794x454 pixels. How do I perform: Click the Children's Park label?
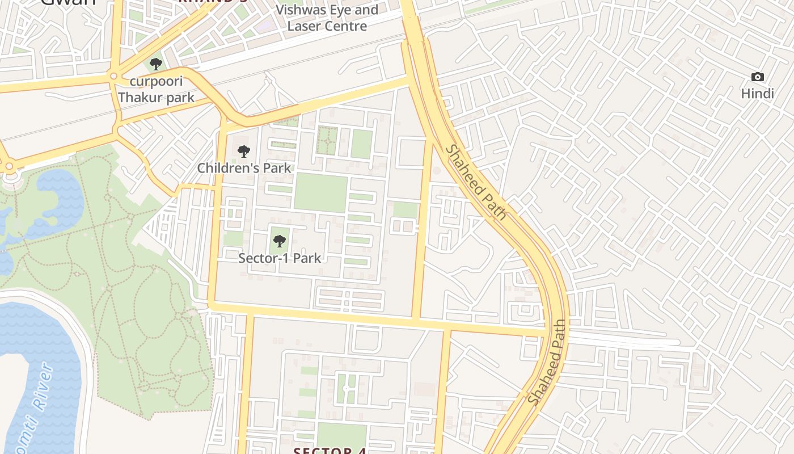click(x=244, y=168)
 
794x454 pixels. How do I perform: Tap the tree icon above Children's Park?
click(x=244, y=152)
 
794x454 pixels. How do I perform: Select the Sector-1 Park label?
click(x=280, y=258)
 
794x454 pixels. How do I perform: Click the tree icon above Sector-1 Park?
click(x=279, y=241)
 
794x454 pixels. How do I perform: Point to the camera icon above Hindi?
click(x=757, y=77)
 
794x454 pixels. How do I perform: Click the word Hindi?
click(x=757, y=94)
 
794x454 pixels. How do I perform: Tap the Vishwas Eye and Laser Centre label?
click(x=327, y=18)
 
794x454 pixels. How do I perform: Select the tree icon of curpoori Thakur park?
click(x=156, y=64)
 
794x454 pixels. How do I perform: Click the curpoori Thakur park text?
click(x=156, y=90)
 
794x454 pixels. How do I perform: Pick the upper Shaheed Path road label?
click(x=475, y=182)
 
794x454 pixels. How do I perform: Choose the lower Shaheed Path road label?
click(x=548, y=362)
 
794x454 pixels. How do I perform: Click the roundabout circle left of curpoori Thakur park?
click(x=113, y=75)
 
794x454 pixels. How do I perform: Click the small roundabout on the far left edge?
click(x=9, y=166)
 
